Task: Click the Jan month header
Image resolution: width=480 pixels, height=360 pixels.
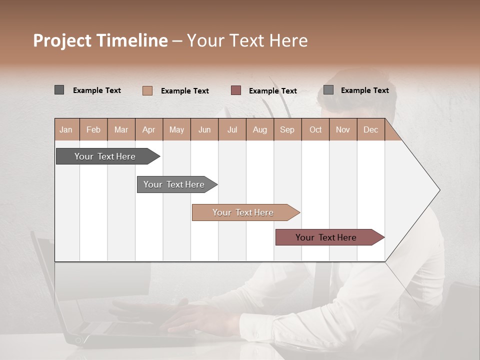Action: (x=66, y=129)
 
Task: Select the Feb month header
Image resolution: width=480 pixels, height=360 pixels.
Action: (x=93, y=129)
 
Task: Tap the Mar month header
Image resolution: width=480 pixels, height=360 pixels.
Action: (x=121, y=129)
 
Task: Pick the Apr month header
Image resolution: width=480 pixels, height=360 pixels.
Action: (x=148, y=129)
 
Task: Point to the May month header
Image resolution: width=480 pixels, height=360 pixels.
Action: (x=176, y=129)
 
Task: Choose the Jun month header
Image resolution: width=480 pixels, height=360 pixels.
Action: (x=204, y=129)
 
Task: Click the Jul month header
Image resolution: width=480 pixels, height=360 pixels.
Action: (x=232, y=129)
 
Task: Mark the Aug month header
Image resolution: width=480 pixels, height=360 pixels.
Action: (x=259, y=129)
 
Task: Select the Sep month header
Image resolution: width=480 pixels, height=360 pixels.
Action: (x=287, y=129)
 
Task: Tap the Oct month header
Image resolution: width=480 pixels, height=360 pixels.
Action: (x=315, y=129)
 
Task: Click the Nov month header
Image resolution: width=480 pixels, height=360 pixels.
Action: (x=342, y=129)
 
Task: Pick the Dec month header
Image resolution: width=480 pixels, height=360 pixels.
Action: (x=370, y=129)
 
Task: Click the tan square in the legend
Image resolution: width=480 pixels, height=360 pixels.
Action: (x=147, y=90)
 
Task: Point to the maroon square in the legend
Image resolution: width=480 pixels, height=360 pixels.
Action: (x=236, y=90)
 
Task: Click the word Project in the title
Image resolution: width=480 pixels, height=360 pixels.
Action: (x=62, y=40)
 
